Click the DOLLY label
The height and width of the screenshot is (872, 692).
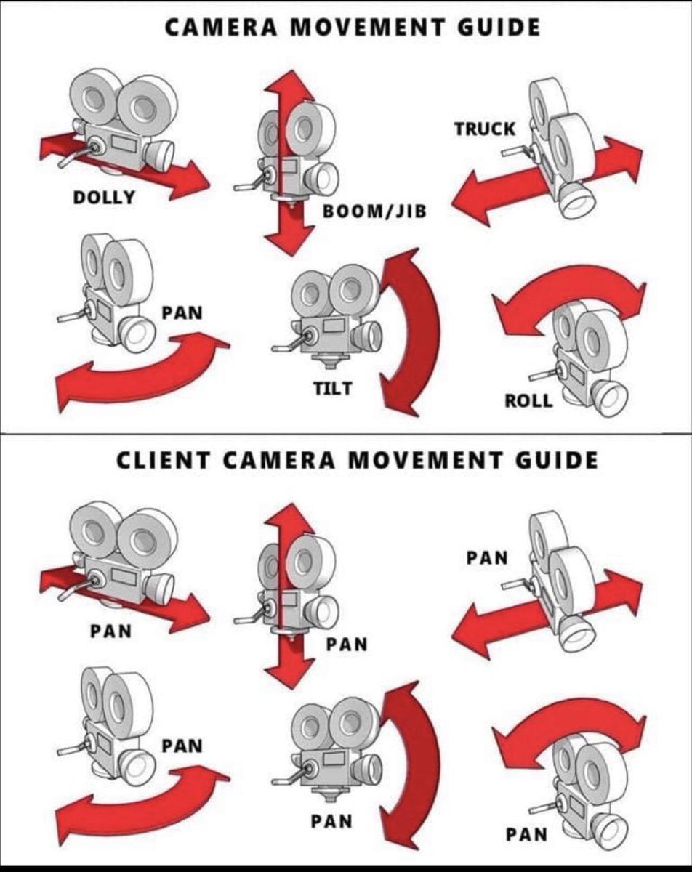click(x=104, y=196)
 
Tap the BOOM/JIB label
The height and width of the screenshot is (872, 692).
click(x=375, y=211)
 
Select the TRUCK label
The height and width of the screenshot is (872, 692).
click(x=485, y=129)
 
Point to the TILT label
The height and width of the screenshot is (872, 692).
click(x=332, y=388)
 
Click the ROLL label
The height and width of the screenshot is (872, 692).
click(x=528, y=400)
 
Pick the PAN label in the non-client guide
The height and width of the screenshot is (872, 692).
click(x=182, y=313)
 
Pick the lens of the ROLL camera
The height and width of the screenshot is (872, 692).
click(x=608, y=398)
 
